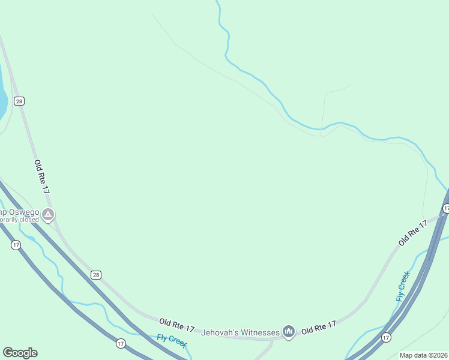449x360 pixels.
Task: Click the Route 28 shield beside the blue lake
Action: tap(20, 101)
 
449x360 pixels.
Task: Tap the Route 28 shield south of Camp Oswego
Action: tap(96, 275)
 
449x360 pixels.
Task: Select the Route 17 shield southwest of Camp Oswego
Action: tap(16, 245)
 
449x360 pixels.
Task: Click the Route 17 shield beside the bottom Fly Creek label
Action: tap(121, 343)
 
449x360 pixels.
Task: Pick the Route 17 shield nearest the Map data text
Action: tap(385, 338)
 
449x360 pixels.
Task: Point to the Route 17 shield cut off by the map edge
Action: tap(445, 208)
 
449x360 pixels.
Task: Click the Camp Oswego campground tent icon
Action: tap(48, 214)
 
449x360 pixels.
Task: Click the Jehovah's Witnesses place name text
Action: tap(240, 332)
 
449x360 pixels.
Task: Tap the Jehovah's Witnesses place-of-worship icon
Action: tap(289, 332)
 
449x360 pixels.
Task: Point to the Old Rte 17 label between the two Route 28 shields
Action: tap(41, 176)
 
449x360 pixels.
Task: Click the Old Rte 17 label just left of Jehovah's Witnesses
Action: tap(177, 325)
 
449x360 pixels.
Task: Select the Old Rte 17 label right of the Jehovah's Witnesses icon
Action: tap(318, 328)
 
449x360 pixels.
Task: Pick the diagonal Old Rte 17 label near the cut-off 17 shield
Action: tap(412, 233)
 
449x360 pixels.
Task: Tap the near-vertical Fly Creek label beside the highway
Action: tap(403, 286)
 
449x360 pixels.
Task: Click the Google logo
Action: tap(20, 353)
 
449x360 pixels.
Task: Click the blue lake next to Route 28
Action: tap(2, 99)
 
